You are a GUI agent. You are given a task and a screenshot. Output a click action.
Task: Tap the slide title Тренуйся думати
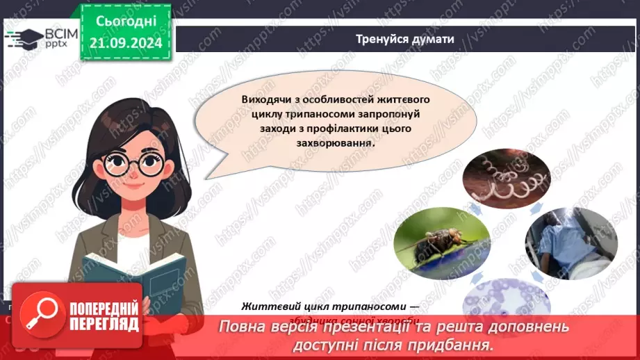coord(404,39)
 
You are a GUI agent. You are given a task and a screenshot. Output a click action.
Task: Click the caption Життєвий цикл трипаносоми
coord(329,306)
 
